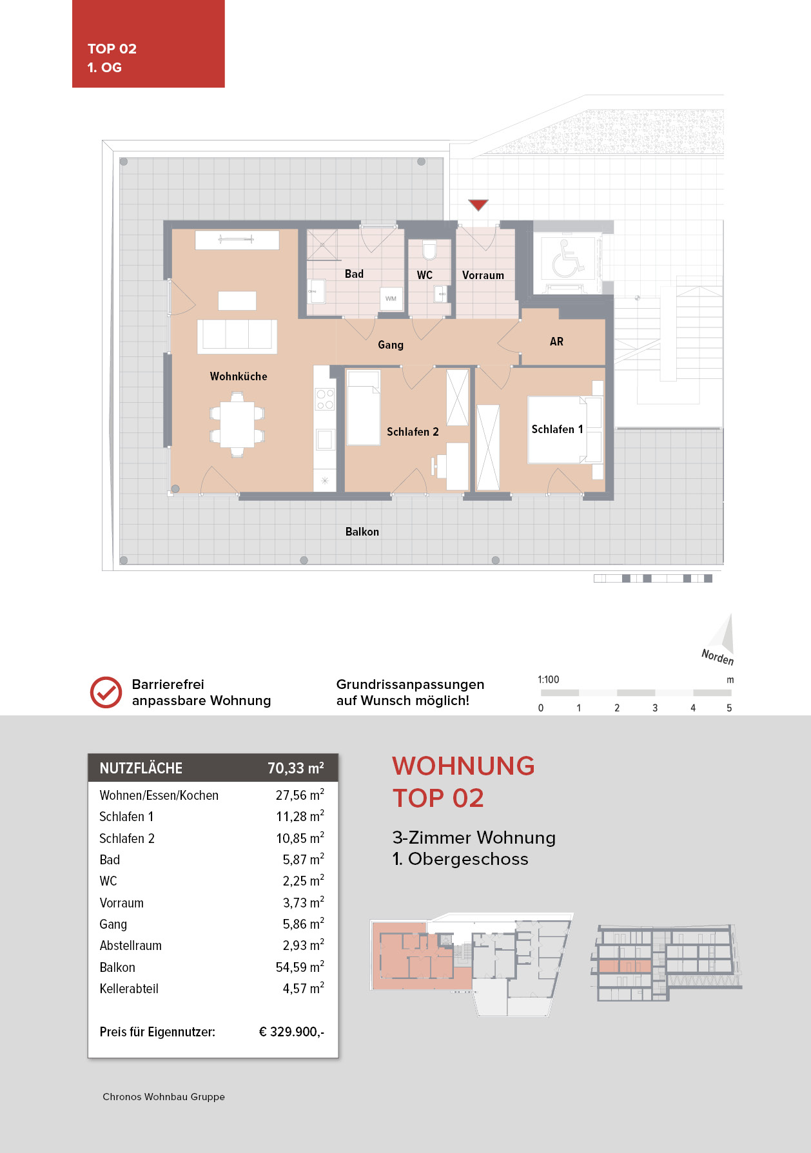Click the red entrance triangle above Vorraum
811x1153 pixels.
coord(478,205)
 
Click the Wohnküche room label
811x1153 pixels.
coord(238,376)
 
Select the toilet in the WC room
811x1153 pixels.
coord(429,250)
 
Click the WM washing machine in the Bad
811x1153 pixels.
coord(391,298)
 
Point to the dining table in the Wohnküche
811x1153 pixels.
coord(237,425)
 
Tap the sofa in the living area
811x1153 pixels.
coord(237,335)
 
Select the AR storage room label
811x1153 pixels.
coord(556,342)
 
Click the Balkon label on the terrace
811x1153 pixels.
coord(362,532)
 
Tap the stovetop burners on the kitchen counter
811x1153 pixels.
coord(324,399)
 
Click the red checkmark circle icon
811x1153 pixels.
coord(106,693)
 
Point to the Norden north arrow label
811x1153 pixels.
coord(718,657)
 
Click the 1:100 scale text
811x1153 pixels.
coord(548,680)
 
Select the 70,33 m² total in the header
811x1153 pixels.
coord(295,768)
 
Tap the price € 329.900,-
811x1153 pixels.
coord(291,1032)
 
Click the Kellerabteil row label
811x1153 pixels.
coord(129,989)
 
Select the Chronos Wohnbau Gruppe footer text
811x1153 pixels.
coord(164,1097)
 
